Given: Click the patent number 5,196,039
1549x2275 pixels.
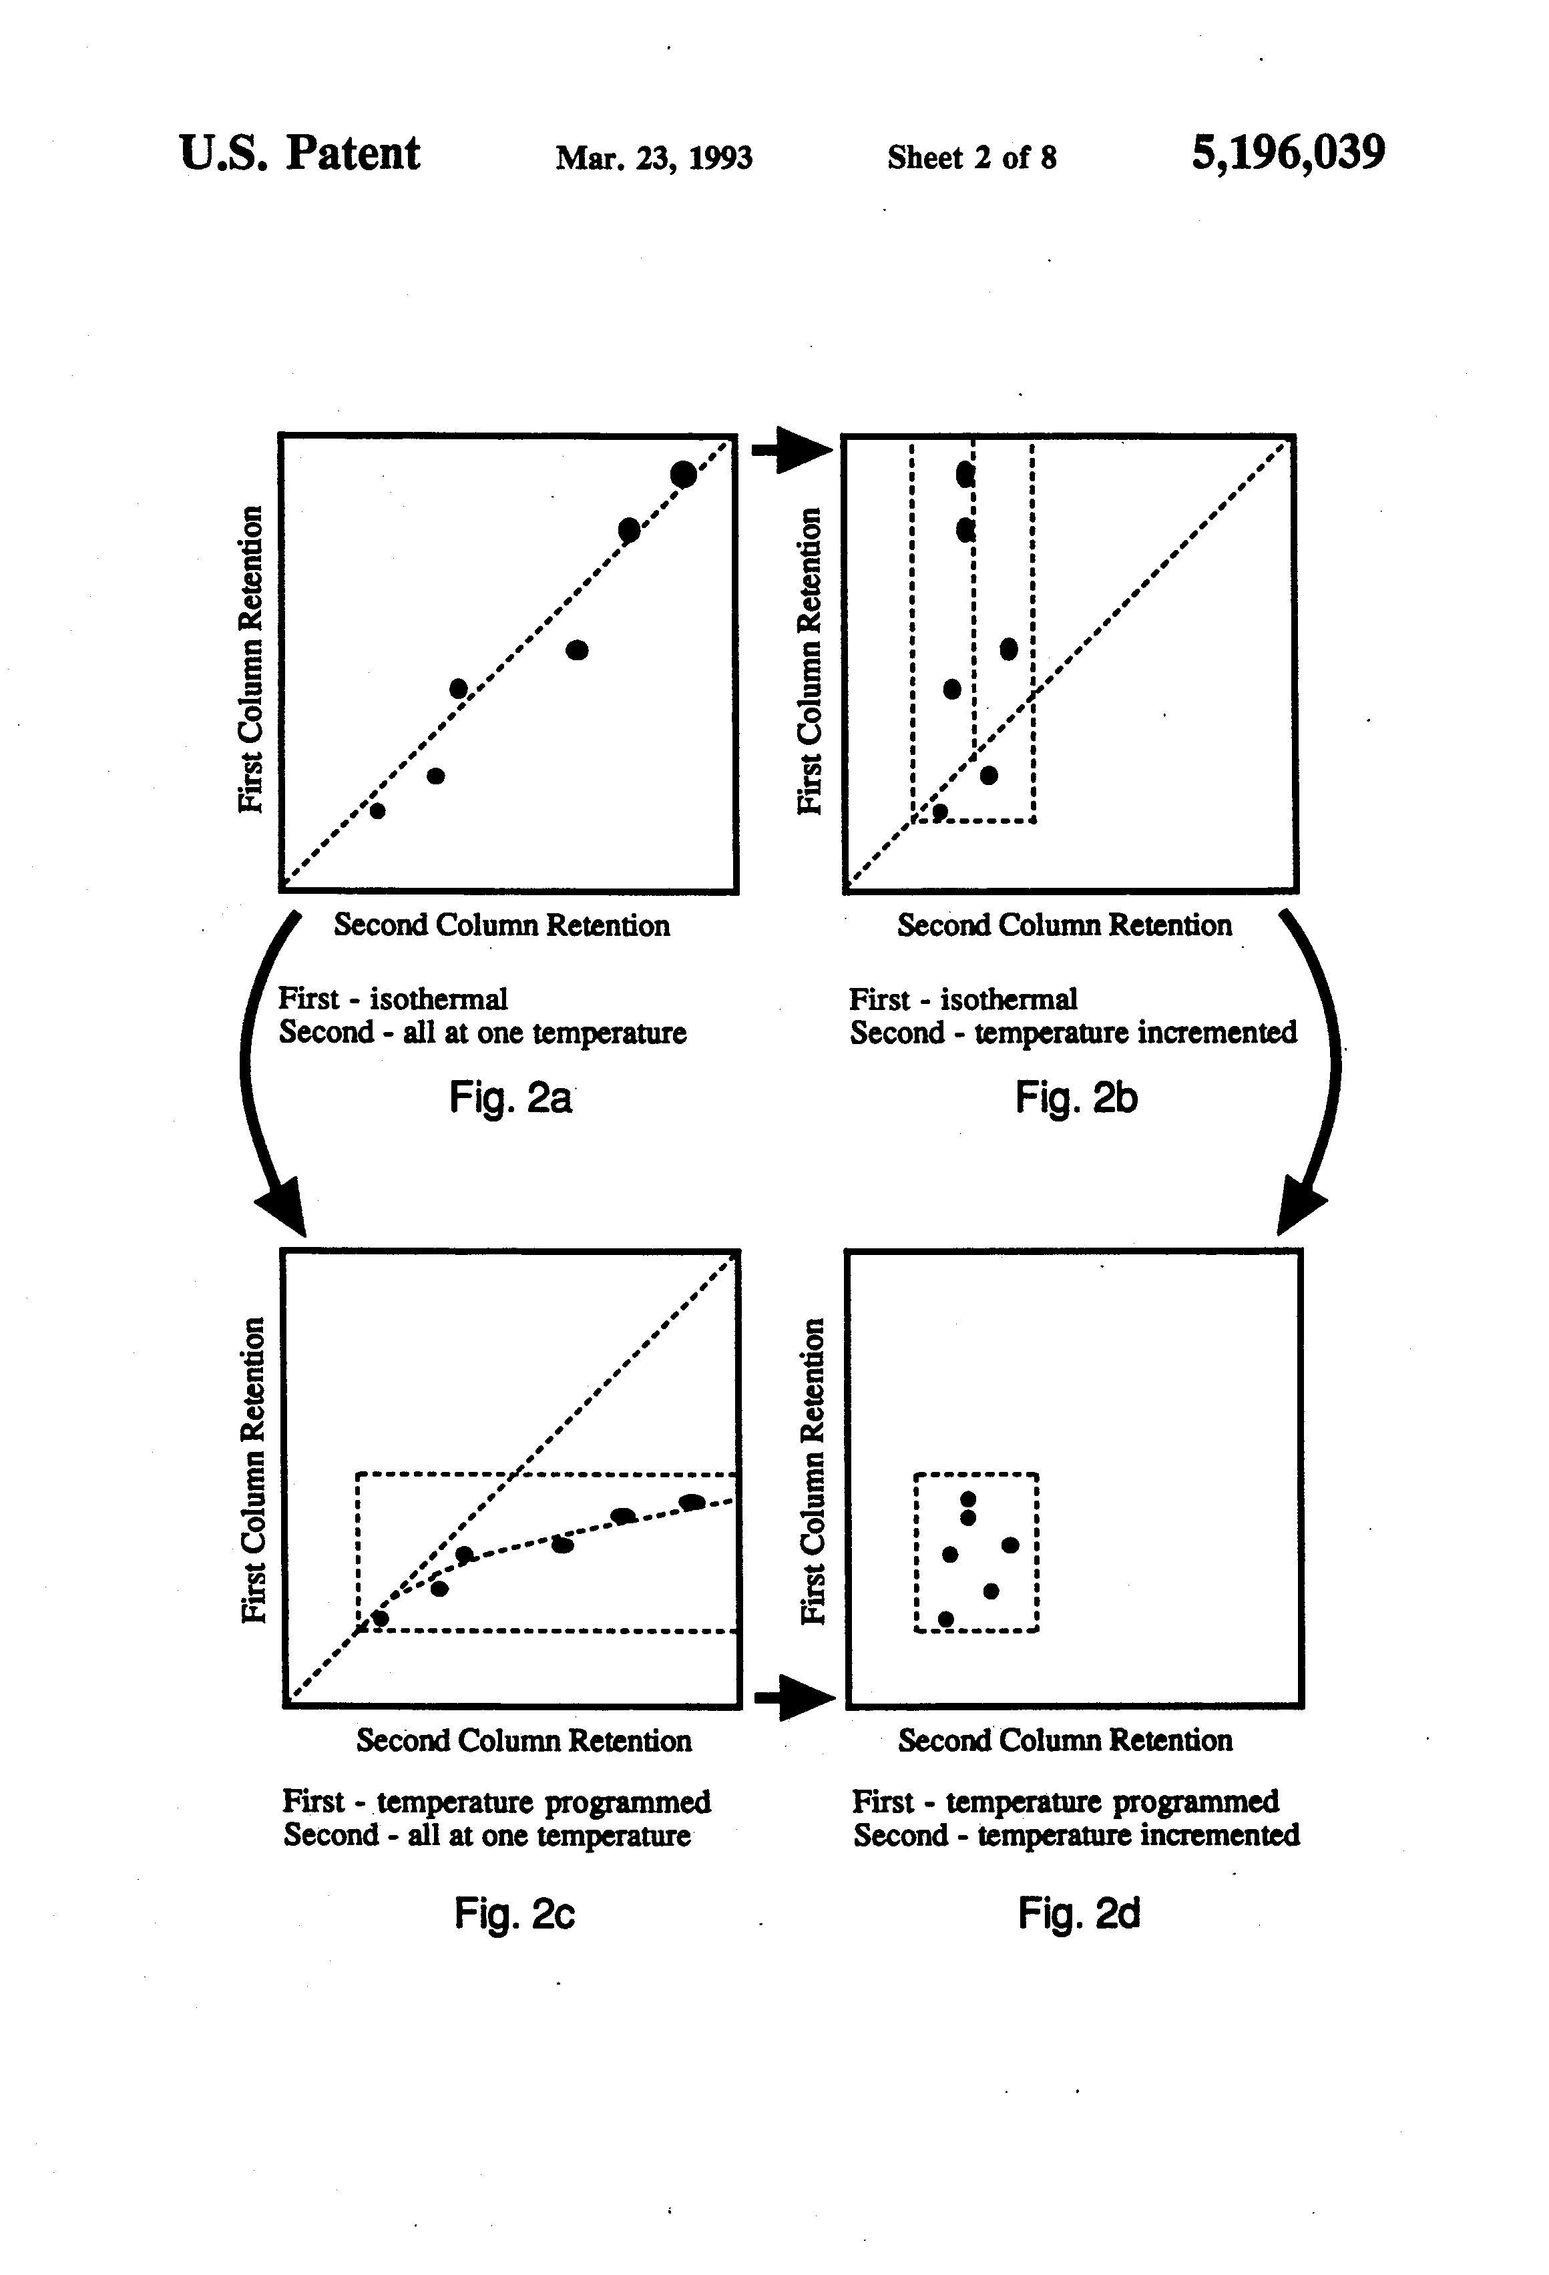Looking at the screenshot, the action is click(1287, 154).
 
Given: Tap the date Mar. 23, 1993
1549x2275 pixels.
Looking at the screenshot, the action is click(654, 158).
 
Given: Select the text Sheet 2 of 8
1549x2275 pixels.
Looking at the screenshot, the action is click(971, 157).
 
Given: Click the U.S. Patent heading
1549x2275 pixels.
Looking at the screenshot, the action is click(300, 153).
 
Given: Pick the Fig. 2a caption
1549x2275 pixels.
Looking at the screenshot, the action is click(510, 1097).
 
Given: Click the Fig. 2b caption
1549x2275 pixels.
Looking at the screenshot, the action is click(1076, 1097).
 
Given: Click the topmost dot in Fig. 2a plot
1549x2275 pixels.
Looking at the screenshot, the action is click(684, 474).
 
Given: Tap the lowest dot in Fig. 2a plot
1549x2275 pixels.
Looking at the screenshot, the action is click(377, 810).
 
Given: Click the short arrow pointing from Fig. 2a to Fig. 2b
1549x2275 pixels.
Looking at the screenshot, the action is click(791, 449).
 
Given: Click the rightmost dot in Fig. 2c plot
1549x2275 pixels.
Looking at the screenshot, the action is click(691, 1502).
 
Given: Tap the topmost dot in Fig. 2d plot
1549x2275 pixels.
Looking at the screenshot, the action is click(968, 1499).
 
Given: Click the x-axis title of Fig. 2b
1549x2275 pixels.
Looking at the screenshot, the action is click(1064, 925).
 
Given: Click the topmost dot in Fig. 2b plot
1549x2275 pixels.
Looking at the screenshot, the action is click(965, 475).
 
